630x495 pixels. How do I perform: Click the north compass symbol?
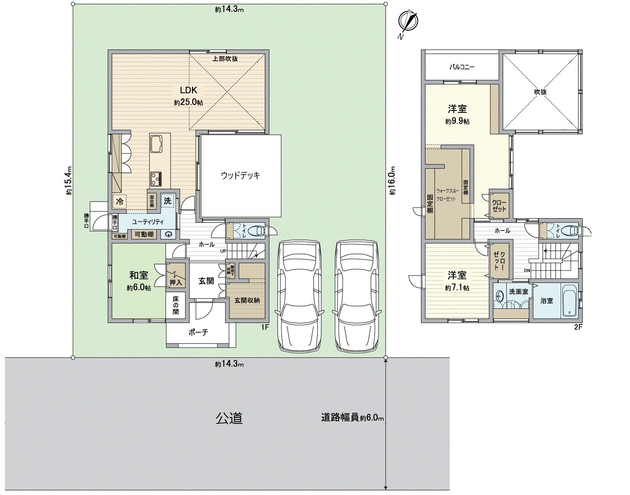click(408, 23)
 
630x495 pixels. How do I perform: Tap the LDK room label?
click(188, 90)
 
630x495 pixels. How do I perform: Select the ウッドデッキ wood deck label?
click(240, 176)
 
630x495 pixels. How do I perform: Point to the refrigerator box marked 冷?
click(120, 201)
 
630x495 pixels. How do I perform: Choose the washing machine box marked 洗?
click(168, 201)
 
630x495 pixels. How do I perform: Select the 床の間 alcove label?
click(176, 306)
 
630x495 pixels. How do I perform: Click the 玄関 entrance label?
click(206, 282)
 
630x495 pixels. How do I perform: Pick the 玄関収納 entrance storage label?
click(247, 300)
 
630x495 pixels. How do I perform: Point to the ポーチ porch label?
click(198, 333)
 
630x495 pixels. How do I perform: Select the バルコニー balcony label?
click(462, 67)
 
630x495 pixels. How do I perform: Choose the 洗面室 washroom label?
click(518, 292)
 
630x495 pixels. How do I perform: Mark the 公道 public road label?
click(229, 418)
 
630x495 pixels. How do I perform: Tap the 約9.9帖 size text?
click(457, 121)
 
